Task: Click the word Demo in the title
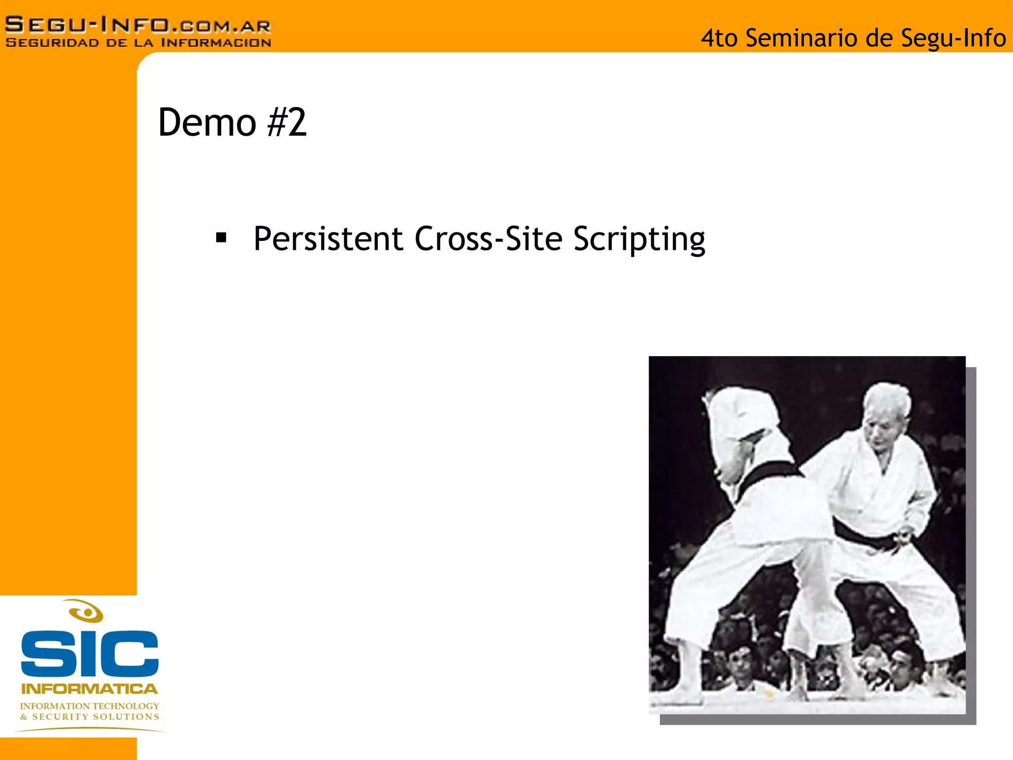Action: click(x=206, y=122)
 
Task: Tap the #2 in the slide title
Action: click(x=287, y=122)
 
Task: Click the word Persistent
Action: click(x=328, y=239)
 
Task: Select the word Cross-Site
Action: click(x=488, y=239)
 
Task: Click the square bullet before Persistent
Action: click(x=221, y=238)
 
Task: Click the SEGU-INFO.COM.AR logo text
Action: click(x=138, y=25)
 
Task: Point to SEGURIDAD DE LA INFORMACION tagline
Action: click(x=138, y=43)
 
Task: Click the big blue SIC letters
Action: click(x=90, y=654)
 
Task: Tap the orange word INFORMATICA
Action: click(x=90, y=689)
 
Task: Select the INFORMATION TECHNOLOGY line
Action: click(x=90, y=706)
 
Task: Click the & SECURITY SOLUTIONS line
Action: click(x=90, y=716)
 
